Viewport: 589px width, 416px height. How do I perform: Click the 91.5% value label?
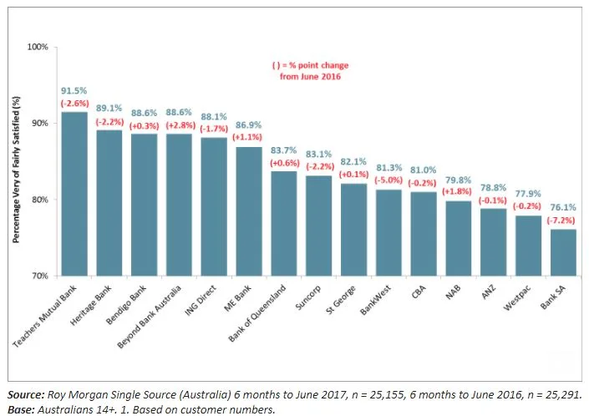pyautogui.click(x=75, y=89)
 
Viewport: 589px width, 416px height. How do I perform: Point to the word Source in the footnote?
pyautogui.click(x=24, y=392)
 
